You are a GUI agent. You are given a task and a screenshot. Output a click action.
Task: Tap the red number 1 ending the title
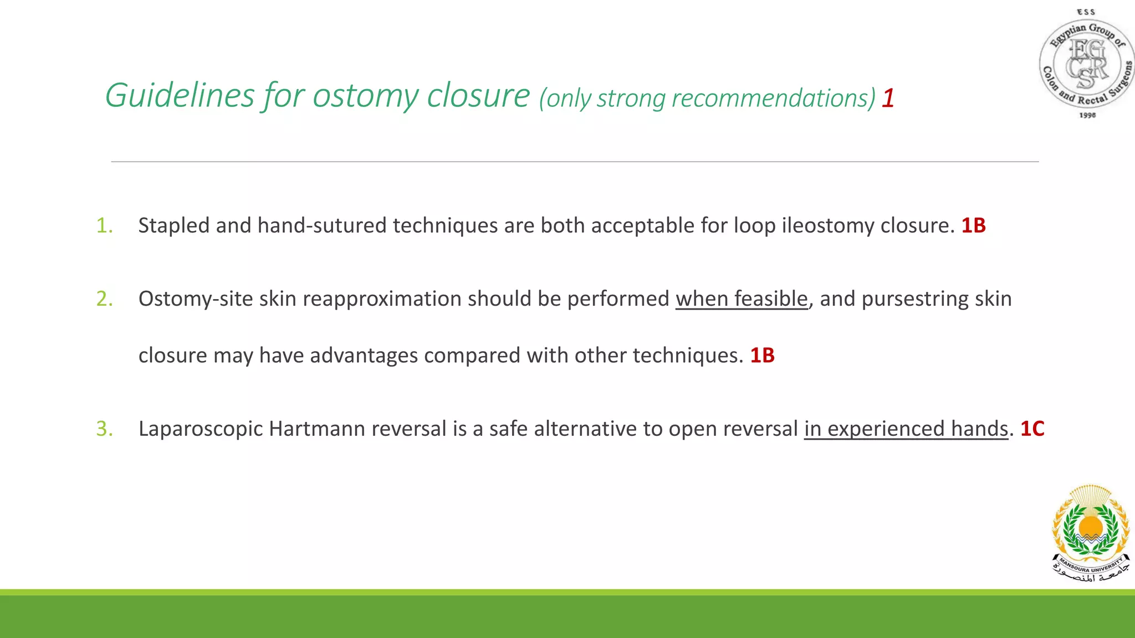click(888, 99)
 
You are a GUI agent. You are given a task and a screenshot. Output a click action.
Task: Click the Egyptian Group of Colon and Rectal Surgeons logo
click(1086, 64)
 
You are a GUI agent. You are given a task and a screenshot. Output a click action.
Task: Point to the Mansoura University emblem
click(1091, 533)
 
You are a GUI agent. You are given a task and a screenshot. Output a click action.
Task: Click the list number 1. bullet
click(104, 225)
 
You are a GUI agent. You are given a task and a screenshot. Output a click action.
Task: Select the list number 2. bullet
click(104, 299)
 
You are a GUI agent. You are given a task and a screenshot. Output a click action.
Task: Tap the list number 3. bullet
click(104, 429)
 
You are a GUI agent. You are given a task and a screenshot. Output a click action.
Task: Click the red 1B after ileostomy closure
click(973, 225)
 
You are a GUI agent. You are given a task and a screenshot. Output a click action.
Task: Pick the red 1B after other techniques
click(762, 355)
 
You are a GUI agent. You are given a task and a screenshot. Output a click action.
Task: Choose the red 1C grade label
click(1032, 429)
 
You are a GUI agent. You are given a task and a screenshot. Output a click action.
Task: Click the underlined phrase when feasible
click(742, 299)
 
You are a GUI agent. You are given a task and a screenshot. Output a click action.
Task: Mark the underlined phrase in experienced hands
click(906, 429)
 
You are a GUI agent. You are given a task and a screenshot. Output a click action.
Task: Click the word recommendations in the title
click(773, 99)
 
